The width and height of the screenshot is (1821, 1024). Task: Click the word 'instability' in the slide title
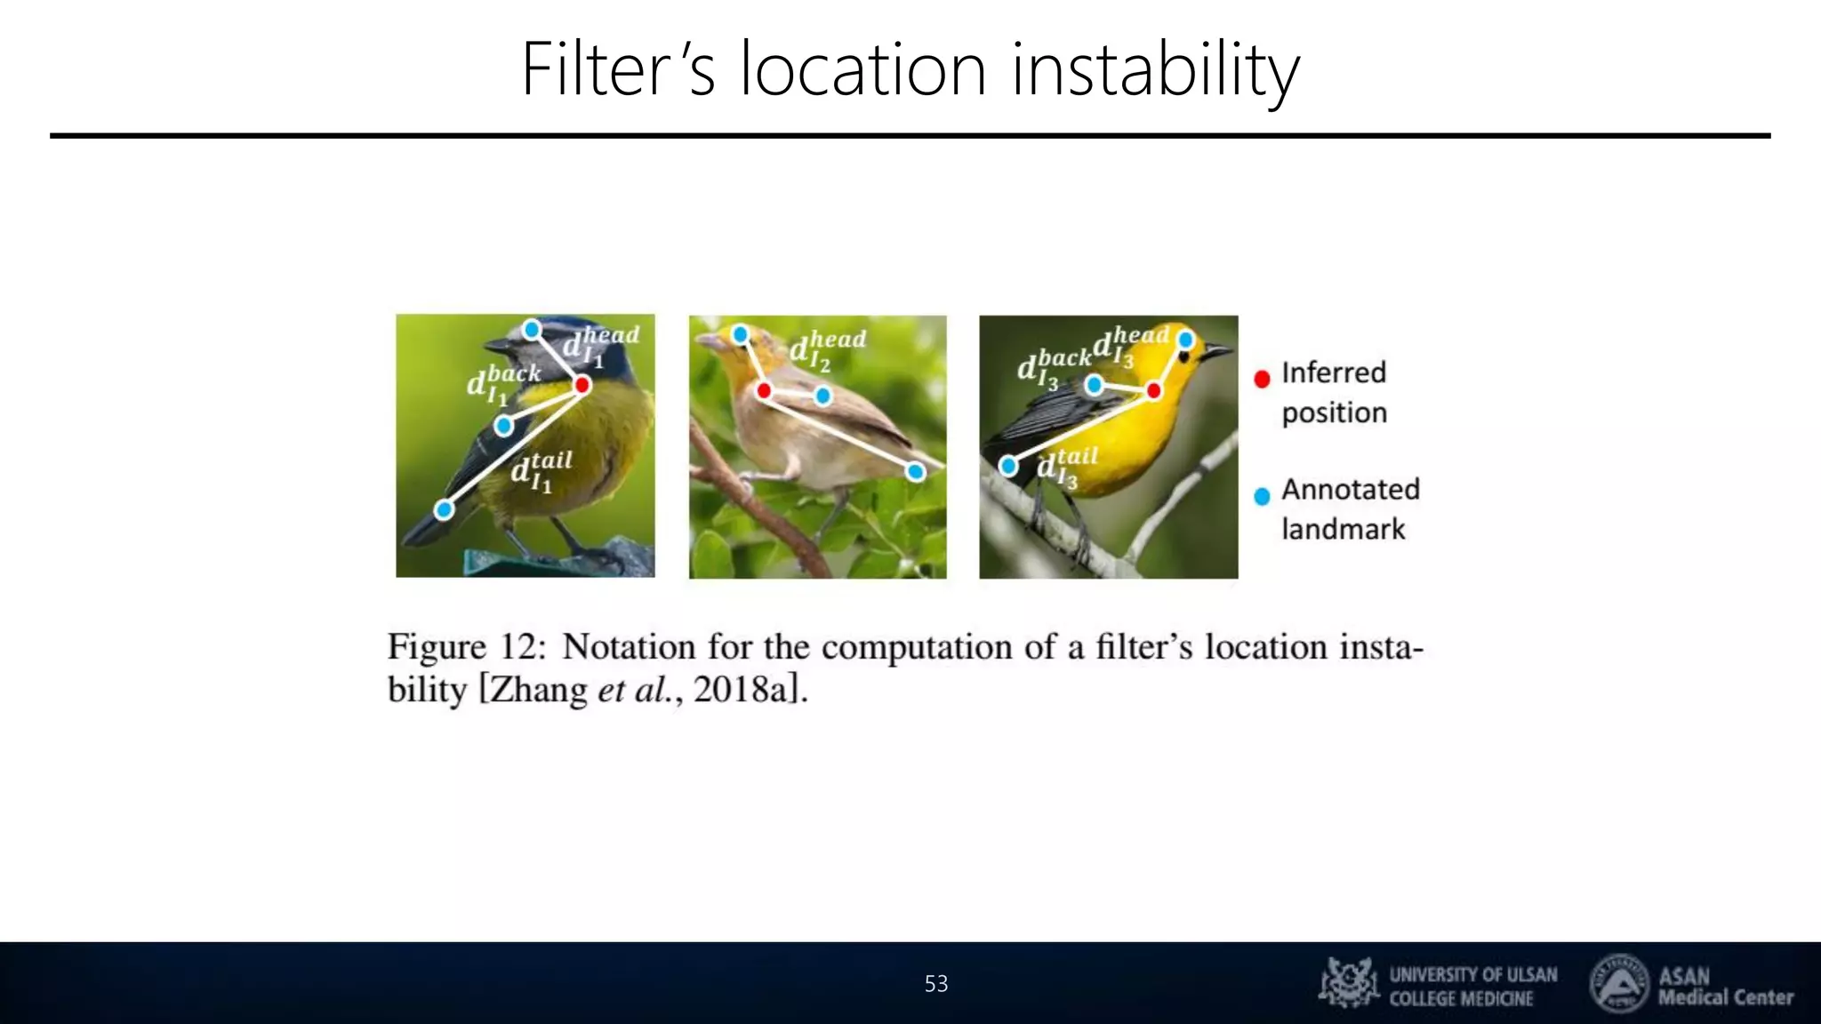1155,69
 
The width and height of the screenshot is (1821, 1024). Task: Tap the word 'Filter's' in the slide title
618,69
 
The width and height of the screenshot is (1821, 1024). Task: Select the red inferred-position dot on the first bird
582,385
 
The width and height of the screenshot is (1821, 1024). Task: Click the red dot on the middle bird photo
764,390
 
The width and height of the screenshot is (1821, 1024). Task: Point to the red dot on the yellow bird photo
1153,390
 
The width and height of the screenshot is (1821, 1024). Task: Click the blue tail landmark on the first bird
444,509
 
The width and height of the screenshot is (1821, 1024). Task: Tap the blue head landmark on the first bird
532,330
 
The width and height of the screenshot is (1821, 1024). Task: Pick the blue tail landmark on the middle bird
916,472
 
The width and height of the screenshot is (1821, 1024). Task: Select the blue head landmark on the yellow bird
1185,340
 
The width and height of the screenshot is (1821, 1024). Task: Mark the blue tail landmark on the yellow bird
1008,466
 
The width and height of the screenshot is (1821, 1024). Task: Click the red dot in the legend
1262,379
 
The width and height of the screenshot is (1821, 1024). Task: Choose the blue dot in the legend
1262,496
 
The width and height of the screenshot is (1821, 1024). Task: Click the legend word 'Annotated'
1350,489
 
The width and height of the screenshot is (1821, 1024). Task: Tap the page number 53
936,984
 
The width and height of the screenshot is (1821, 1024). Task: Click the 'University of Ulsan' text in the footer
1472,975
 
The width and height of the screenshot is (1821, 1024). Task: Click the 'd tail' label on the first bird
541,472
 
